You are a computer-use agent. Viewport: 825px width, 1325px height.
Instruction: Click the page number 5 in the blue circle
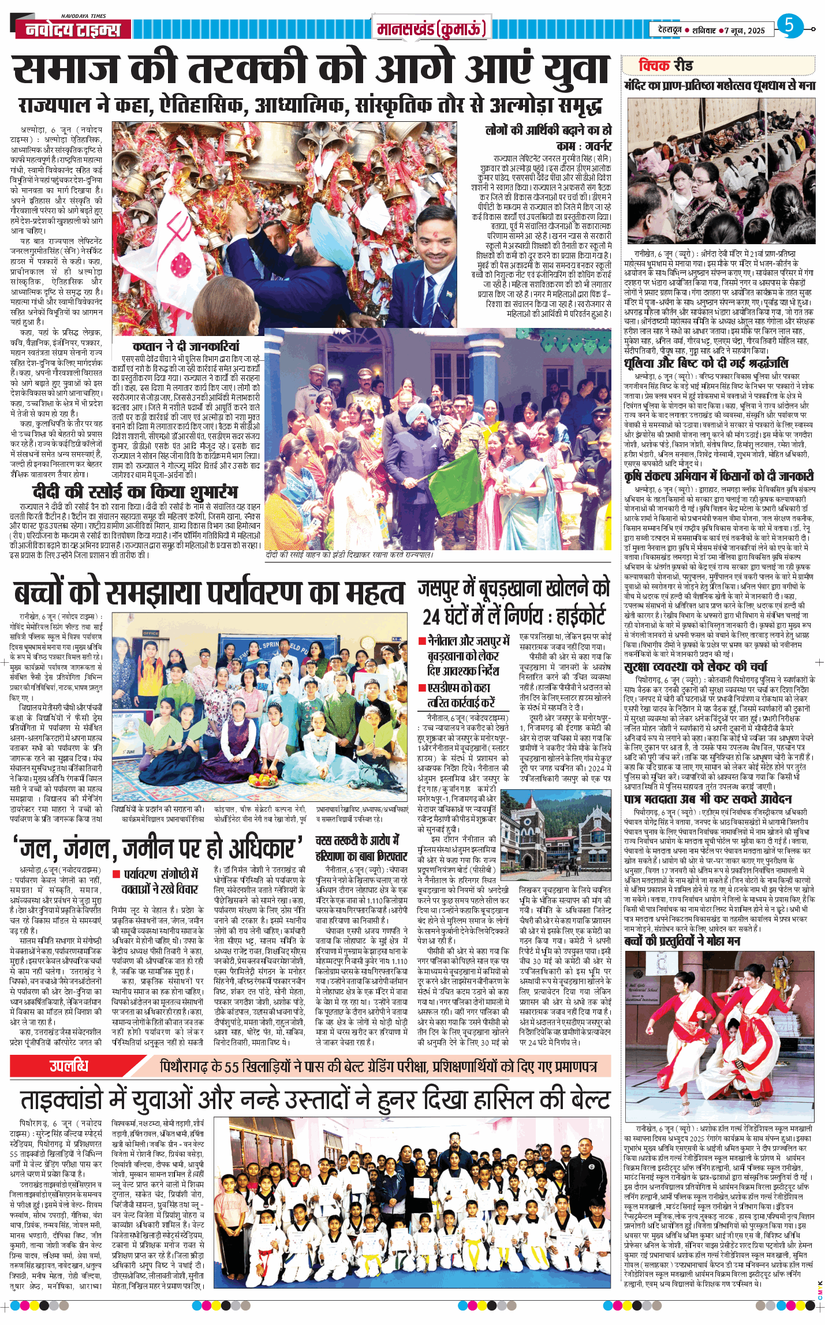[x=789, y=25]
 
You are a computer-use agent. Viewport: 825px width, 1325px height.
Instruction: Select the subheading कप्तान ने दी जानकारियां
[x=186, y=346]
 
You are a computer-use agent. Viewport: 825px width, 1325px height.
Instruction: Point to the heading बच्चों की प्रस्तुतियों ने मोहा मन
[x=682, y=940]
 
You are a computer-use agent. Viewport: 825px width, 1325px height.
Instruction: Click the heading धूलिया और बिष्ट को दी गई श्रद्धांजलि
[x=705, y=363]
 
